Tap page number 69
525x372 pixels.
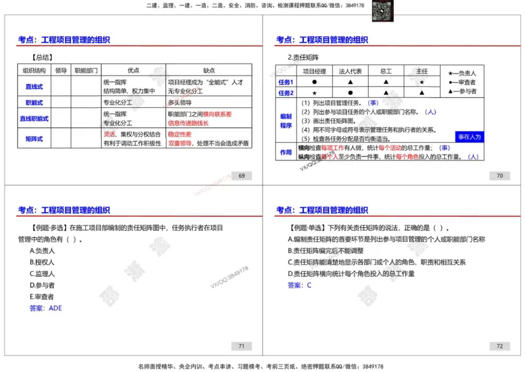point(241,175)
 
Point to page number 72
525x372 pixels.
point(499,346)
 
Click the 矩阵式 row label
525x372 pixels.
point(34,139)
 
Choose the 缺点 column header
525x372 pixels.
point(209,70)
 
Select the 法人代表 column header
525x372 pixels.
point(350,71)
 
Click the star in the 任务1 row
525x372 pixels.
point(421,82)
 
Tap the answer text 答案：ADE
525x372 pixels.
point(46,308)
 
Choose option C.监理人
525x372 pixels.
point(43,273)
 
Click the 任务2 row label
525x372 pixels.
point(286,93)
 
